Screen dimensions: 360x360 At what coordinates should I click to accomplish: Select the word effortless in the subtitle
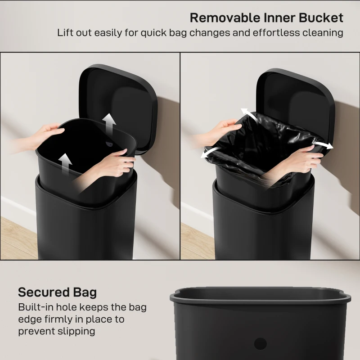[280, 33]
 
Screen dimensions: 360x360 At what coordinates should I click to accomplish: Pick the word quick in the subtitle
[162, 33]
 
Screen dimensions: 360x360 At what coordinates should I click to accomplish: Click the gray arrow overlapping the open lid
[108, 123]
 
